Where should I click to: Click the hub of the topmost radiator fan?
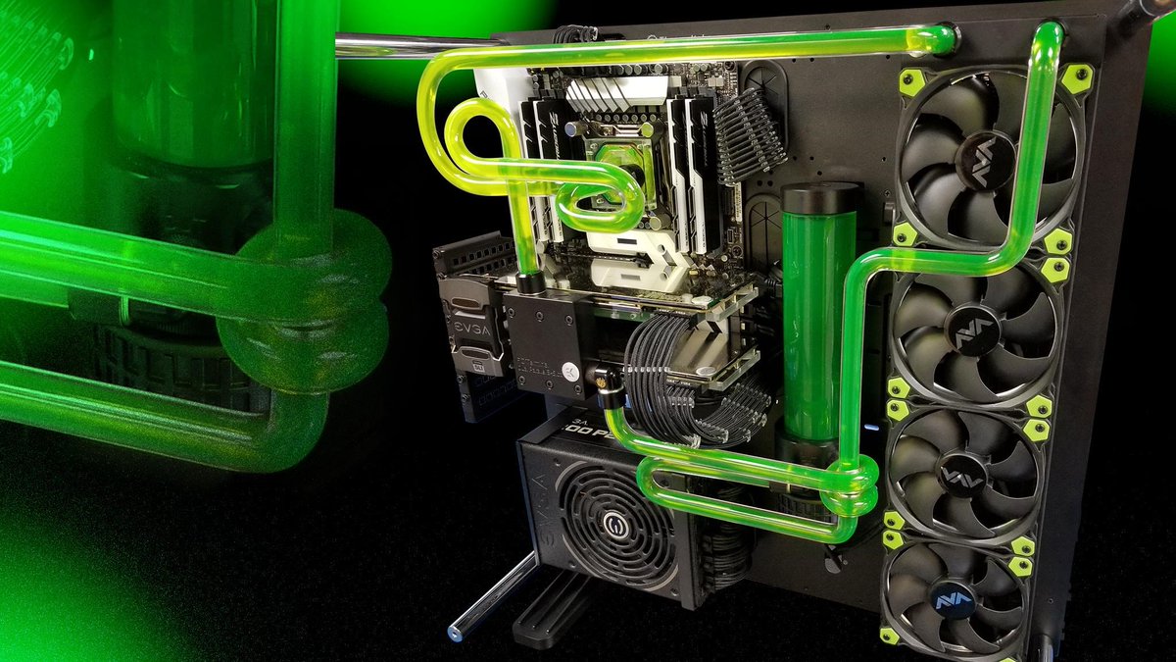click(x=991, y=157)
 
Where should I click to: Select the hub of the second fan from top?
click(x=979, y=333)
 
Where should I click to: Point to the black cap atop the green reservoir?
click(x=821, y=197)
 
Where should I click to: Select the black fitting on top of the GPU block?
click(x=531, y=282)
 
